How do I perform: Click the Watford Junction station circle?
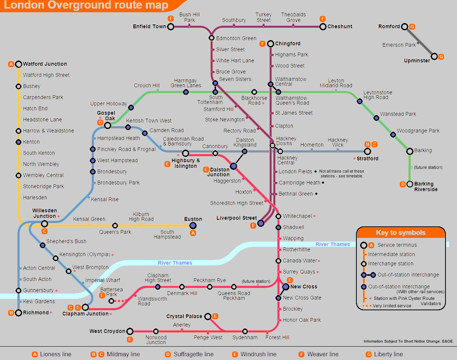(x=19, y=64)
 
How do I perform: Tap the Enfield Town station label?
(x=149, y=26)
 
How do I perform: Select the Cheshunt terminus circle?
(x=323, y=27)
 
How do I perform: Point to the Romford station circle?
(x=405, y=27)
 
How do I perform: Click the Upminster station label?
(x=417, y=61)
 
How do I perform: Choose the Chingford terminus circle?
(x=271, y=44)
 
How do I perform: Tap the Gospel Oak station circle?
(x=108, y=125)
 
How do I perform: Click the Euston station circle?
(x=193, y=225)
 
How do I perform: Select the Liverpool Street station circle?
(x=261, y=223)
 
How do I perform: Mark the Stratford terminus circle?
(x=368, y=151)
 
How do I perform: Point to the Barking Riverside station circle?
(x=410, y=184)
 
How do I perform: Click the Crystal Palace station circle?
(x=208, y=317)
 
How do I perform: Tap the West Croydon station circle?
(x=130, y=331)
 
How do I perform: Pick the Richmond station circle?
(x=19, y=312)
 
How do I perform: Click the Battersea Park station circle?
(x=111, y=301)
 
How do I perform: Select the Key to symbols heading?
(x=401, y=233)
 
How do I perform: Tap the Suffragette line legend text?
(x=193, y=354)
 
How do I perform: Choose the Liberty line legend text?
(x=388, y=354)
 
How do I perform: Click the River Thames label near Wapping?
(x=333, y=244)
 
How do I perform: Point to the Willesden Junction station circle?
(x=45, y=223)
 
